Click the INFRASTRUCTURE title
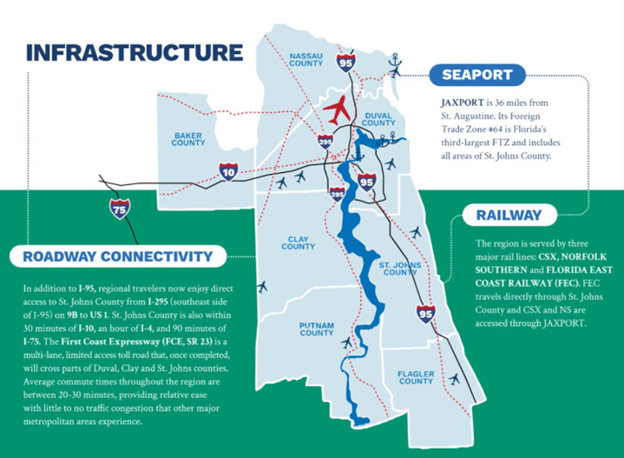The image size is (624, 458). [135, 51]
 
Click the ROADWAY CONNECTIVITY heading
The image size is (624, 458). [117, 256]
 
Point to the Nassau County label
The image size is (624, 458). [312, 57]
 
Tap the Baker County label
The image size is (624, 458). [188, 139]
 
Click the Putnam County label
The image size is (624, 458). [317, 328]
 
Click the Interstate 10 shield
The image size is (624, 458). [228, 171]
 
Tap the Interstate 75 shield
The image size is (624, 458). [119, 208]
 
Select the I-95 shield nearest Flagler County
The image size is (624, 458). [425, 312]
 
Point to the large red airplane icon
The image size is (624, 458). [338, 111]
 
